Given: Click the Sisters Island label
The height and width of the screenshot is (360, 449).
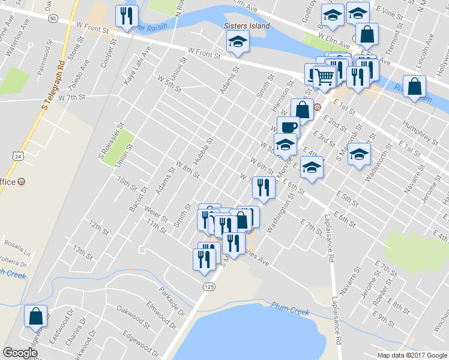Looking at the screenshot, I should [247, 26].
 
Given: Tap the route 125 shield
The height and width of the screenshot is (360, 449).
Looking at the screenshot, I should [208, 287].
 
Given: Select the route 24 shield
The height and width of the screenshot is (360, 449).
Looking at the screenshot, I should [19, 156].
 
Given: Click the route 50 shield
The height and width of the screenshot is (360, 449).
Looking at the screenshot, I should [53, 19].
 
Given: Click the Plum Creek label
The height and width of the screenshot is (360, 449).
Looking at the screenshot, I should [289, 308].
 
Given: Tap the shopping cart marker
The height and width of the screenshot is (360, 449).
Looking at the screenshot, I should [325, 76].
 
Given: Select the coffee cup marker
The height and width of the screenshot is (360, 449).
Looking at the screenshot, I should [288, 127].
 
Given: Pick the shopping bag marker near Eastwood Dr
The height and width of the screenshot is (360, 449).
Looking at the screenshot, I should [35, 315].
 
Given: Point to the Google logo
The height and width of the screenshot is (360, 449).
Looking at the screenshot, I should [20, 352].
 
